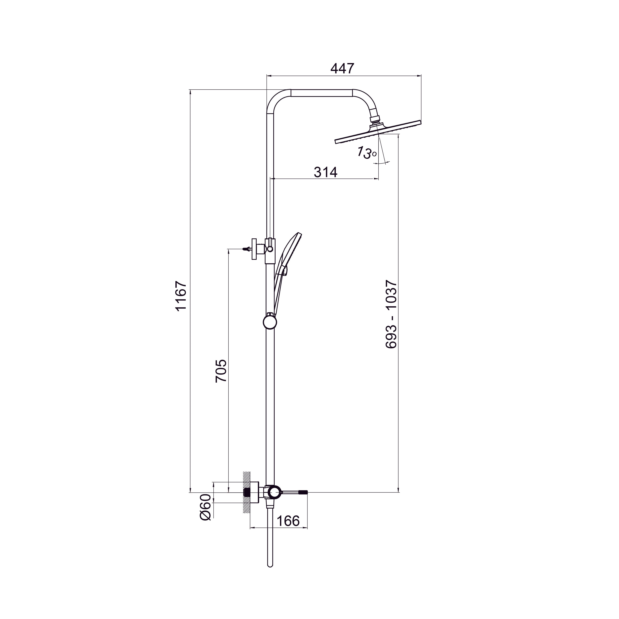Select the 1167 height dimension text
pyautogui.click(x=181, y=296)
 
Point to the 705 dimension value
pyautogui.click(x=221, y=371)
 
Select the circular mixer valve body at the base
pyautogui.click(x=275, y=500)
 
